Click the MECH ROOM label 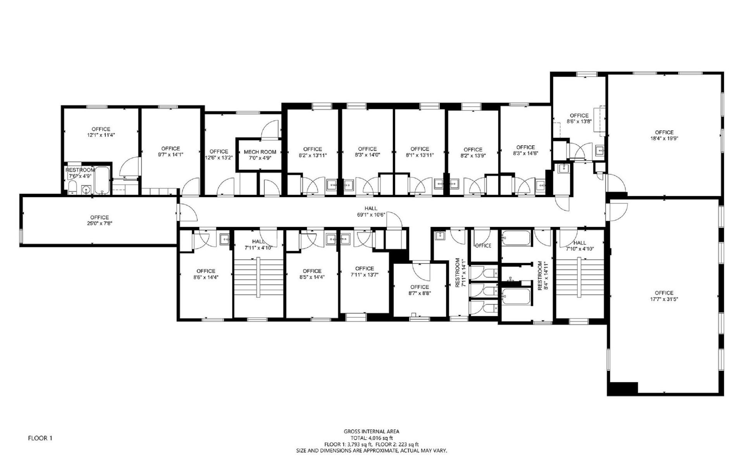click(260, 152)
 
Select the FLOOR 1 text click(40, 438)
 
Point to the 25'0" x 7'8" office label click(100, 220)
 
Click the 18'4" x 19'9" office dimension click(664, 138)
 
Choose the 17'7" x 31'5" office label click(664, 296)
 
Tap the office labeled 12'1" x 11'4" click(101, 132)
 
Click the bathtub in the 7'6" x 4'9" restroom click(103, 180)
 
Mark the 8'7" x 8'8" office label click(420, 290)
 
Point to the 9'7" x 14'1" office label click(170, 151)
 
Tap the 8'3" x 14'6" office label click(525, 150)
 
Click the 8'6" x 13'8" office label click(579, 118)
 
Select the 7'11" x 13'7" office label click(364, 271)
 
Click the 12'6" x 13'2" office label click(219, 154)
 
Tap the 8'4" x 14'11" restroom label click(542, 276)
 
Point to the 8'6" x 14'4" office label click(205, 274)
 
